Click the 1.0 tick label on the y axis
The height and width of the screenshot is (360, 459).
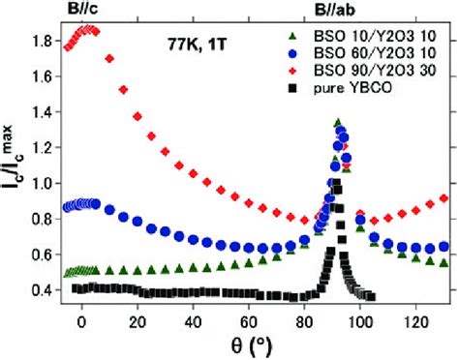[42, 184]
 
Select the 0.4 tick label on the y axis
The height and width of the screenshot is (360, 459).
[42, 289]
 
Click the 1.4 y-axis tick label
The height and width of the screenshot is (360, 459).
[42, 114]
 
